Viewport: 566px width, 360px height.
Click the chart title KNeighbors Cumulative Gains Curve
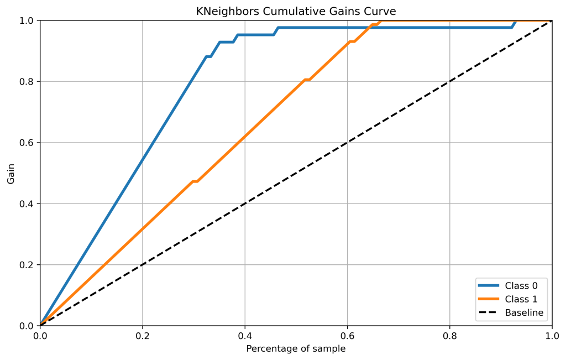[296, 11]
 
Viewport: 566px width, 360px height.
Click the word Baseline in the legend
[524, 313]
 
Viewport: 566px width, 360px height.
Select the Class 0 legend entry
[521, 285]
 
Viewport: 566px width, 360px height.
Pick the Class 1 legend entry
[521, 299]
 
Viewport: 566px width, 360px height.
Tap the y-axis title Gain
[11, 173]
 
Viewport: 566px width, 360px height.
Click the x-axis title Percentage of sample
[296, 349]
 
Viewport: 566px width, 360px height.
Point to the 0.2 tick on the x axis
[142, 335]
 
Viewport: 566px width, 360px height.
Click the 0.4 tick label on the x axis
[244, 335]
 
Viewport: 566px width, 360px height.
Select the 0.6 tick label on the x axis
[347, 335]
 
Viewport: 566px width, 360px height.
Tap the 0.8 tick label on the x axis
[449, 335]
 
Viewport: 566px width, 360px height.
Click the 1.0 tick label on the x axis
[552, 335]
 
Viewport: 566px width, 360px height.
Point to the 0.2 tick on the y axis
[27, 265]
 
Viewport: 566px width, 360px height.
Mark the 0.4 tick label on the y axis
[27, 204]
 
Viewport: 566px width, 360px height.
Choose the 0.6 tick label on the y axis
[27, 143]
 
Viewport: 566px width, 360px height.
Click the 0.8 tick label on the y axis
[27, 82]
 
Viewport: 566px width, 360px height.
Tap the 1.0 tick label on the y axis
[27, 20]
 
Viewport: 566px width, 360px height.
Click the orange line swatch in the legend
[488, 299]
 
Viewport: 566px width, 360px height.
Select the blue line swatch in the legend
[488, 285]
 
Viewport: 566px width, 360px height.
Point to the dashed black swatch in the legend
[488, 313]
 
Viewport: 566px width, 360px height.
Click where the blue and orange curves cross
[373, 27]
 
